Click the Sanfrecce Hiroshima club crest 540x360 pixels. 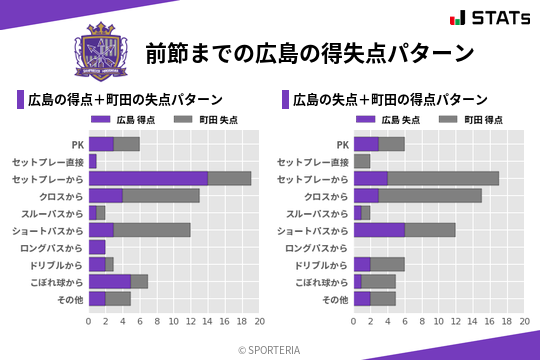(x=102, y=52)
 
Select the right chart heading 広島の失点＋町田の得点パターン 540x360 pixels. (x=390, y=100)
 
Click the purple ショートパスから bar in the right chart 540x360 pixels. (x=379, y=230)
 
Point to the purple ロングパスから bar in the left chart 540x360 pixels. (x=96, y=247)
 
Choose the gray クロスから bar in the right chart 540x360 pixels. (x=430, y=195)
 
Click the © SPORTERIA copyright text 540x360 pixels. (x=270, y=349)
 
